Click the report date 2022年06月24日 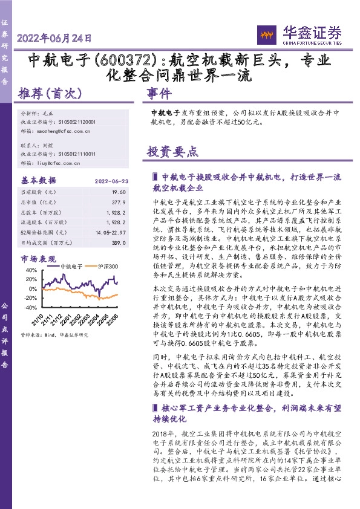point(55,38)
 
